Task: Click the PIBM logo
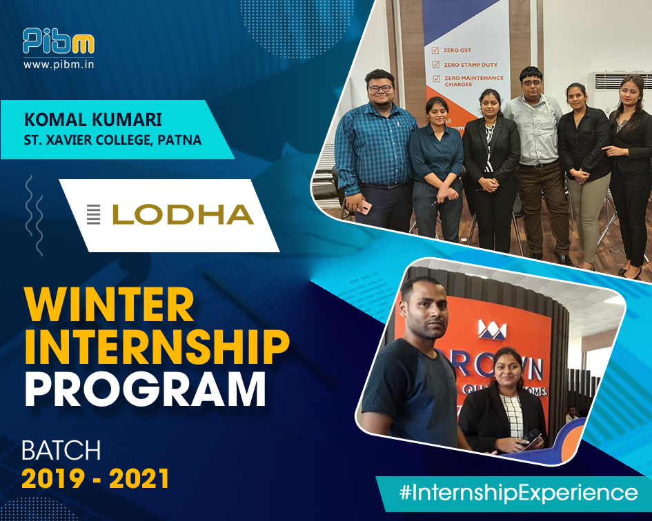[x=58, y=41]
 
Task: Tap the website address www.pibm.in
[x=59, y=65]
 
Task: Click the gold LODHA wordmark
[x=183, y=215]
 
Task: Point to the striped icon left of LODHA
[x=93, y=214]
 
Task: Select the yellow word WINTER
[x=109, y=305]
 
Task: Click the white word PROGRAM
[x=145, y=390]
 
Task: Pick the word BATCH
[x=61, y=450]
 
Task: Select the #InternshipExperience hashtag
[x=518, y=493]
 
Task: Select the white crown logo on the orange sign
[x=491, y=330]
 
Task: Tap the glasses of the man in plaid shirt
[x=381, y=89]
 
